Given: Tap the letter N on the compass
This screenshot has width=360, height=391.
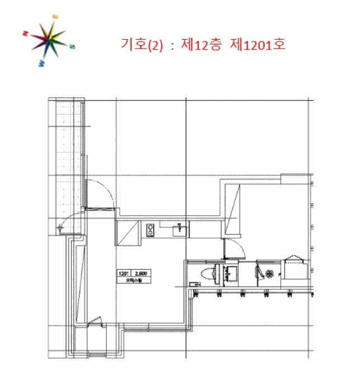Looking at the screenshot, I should click(26, 34).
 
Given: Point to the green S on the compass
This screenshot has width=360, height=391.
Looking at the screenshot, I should click(72, 47).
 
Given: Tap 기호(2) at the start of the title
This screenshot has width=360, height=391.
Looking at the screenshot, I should click(142, 45).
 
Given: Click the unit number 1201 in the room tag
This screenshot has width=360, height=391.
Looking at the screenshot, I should click(124, 274).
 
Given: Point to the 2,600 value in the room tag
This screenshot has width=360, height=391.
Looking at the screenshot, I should click(141, 274).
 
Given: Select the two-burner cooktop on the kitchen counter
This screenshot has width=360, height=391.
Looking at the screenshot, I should click(150, 229).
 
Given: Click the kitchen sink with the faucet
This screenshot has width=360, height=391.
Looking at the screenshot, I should click(179, 229).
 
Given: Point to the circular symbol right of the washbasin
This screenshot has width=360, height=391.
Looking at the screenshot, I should click(269, 274).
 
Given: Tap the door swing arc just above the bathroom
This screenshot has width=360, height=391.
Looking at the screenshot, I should click(232, 246).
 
